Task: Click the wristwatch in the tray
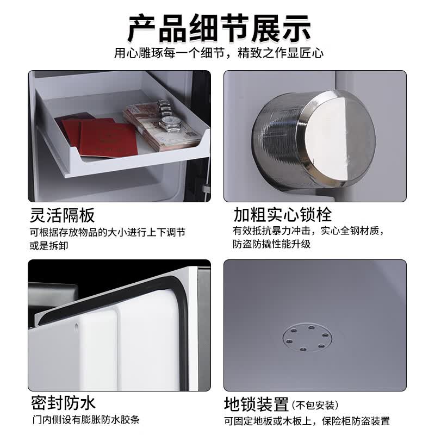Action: coord(169,116)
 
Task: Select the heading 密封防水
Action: coord(63,403)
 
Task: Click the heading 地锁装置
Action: coord(256,405)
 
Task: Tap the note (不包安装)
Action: coord(315,405)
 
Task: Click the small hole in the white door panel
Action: coord(77,327)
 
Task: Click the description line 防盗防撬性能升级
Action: coord(272,244)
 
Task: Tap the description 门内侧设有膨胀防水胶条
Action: coord(86,420)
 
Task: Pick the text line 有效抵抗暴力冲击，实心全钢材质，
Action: coord(309,231)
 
